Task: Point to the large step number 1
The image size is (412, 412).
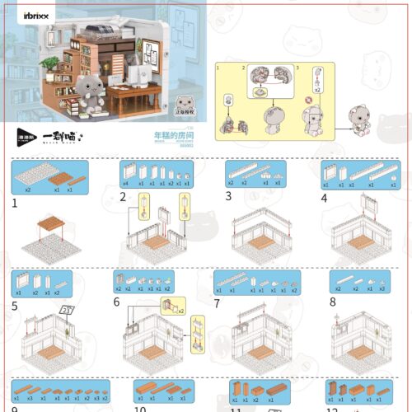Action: tap(15, 201)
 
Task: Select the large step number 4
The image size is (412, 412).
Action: tap(325, 197)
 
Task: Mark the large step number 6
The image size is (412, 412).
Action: tap(116, 303)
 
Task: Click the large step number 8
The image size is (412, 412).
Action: tap(332, 303)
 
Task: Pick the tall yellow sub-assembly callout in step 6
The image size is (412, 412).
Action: tap(198, 335)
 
